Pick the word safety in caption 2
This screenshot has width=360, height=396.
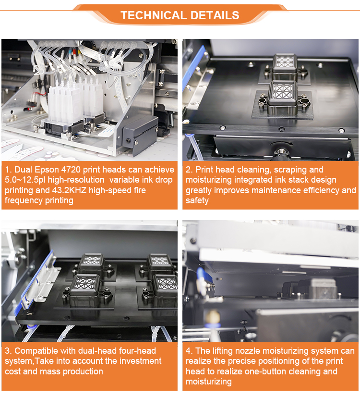click(197, 200)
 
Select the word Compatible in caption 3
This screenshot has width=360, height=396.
click(36, 351)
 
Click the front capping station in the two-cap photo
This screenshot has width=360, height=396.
click(281, 96)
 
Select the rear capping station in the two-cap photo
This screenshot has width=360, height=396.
click(285, 64)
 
